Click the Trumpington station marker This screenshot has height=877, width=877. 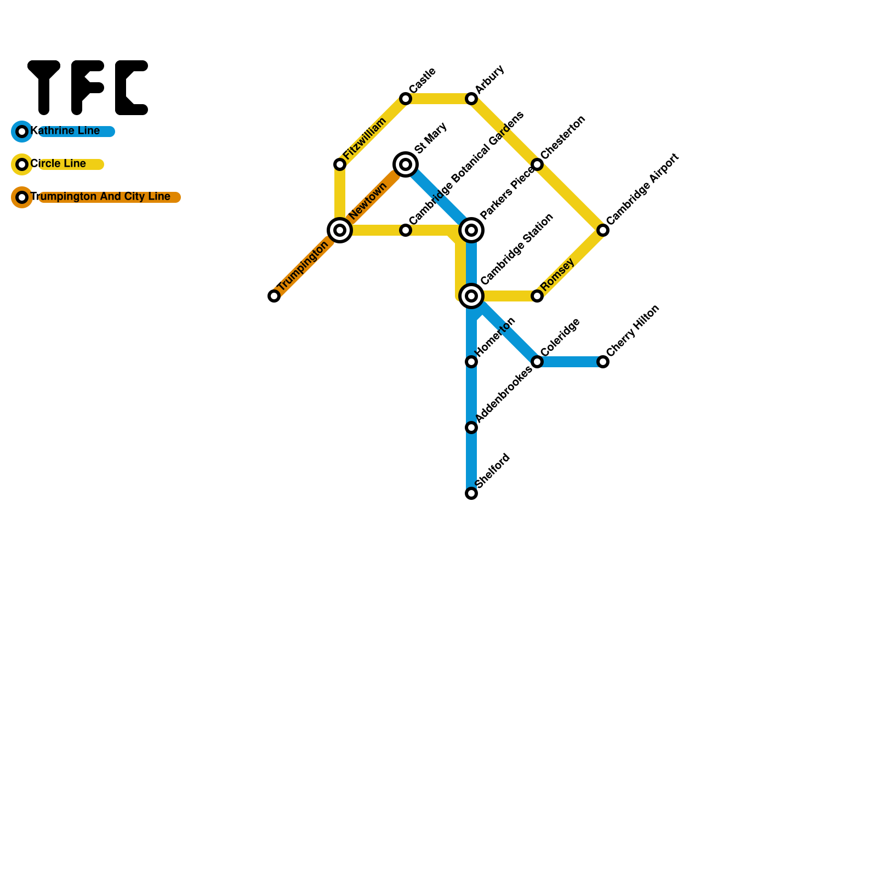[x=274, y=296]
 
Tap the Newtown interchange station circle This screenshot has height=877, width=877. [x=340, y=230]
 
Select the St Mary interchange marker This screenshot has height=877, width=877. [x=406, y=164]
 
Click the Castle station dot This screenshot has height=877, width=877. [x=406, y=99]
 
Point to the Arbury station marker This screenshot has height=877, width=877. [x=471, y=99]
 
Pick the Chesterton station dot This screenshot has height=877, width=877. [x=537, y=164]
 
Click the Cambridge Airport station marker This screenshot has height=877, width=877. [x=603, y=230]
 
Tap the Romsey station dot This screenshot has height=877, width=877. [x=537, y=296]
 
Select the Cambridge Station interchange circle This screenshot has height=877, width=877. [x=471, y=296]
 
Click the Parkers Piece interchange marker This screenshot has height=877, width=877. [x=471, y=230]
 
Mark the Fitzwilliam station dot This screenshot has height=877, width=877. [x=340, y=164]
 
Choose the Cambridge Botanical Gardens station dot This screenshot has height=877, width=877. [x=406, y=230]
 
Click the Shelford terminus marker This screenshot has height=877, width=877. [x=471, y=493]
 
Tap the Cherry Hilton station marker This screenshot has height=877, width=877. [x=603, y=362]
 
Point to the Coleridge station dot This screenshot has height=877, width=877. [x=537, y=362]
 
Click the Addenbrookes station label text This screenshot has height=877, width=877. [x=503, y=395]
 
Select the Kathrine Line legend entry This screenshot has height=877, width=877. [x=65, y=131]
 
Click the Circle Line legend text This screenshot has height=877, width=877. [x=58, y=164]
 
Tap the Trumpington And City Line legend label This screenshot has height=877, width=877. [x=100, y=197]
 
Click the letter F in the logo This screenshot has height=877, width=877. [x=87, y=88]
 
